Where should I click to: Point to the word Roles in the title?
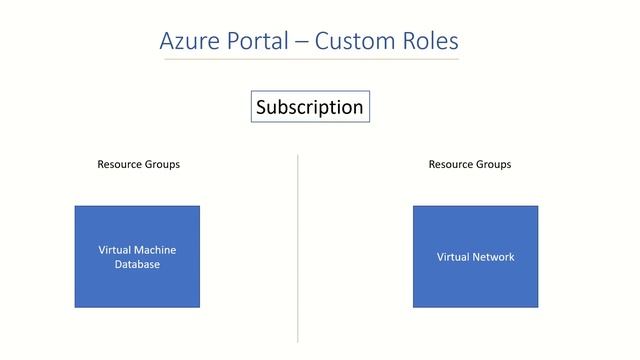[430, 41]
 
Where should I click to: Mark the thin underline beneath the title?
[311, 59]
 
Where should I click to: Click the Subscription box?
[309, 107]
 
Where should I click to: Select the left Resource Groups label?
[138, 164]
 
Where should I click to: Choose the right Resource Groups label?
[469, 164]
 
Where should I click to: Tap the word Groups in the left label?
[162, 164]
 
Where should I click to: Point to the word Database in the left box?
[137, 265]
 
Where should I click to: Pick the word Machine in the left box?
[155, 250]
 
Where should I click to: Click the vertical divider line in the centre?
[298, 250]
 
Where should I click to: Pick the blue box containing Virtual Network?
[475, 285]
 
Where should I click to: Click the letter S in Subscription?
[262, 107]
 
